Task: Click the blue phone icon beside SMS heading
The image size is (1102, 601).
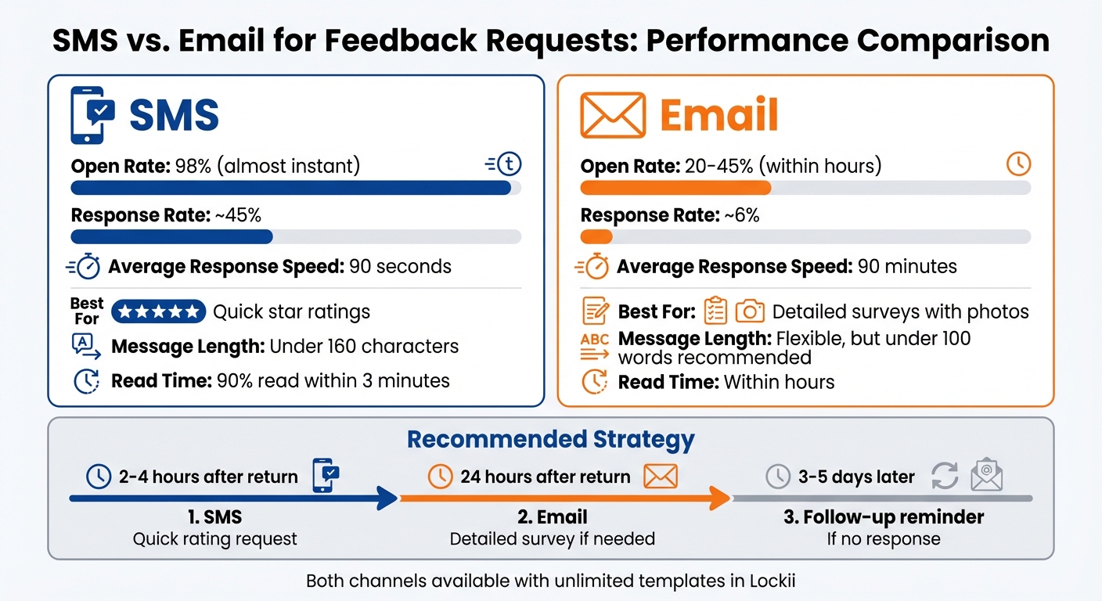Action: coord(92,115)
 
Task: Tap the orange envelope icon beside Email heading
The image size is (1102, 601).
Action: coord(613,115)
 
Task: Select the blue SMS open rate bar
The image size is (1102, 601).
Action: coord(290,188)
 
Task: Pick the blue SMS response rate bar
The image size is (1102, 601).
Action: coord(171,236)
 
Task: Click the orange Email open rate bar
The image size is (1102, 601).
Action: coord(675,188)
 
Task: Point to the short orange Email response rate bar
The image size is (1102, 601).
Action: coord(596,236)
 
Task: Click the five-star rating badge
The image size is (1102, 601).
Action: coord(159,311)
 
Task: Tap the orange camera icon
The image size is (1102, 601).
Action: coord(749,311)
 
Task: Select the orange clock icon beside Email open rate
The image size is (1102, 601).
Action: coord(1018,164)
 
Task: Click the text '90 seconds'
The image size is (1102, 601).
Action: coord(400,267)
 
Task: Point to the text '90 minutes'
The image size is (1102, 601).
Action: coord(907,267)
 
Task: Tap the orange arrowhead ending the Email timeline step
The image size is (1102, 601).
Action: coord(719,498)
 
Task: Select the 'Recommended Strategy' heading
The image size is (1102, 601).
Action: coord(550,439)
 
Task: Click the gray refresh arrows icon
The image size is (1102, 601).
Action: coord(945,476)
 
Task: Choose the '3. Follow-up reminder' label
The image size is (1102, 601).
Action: coord(883,517)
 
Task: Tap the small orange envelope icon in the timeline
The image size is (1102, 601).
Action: coord(660,476)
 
